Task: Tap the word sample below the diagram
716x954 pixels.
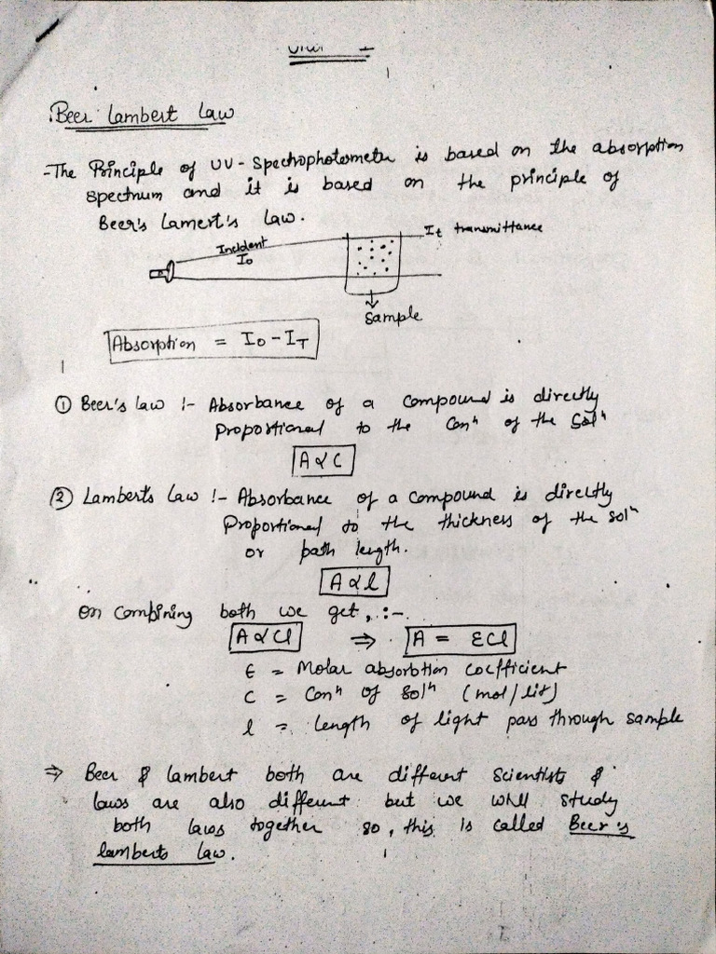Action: (x=386, y=317)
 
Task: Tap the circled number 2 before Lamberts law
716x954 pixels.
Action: (x=61, y=497)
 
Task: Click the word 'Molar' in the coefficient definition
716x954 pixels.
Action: (x=324, y=668)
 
